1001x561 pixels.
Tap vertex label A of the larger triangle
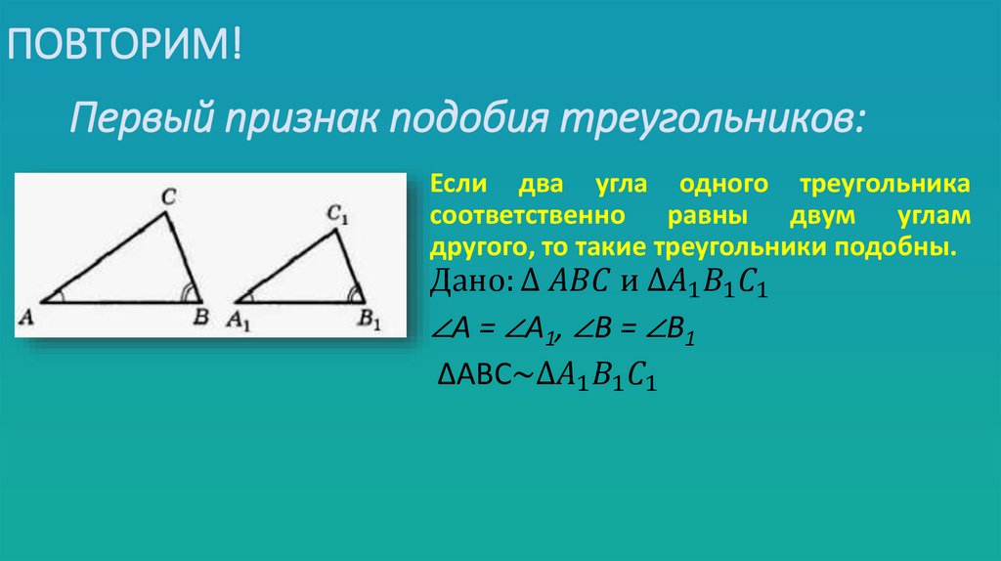coord(26,317)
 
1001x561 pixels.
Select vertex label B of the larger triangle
coord(200,317)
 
